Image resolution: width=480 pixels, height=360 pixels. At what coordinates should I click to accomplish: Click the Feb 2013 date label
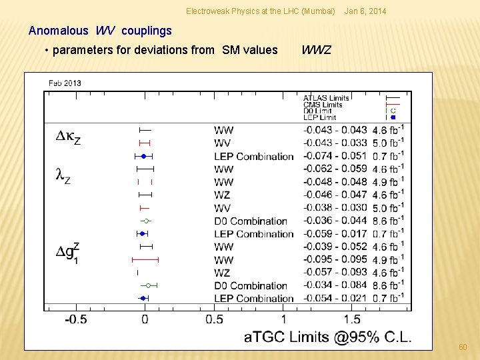[x=65, y=83]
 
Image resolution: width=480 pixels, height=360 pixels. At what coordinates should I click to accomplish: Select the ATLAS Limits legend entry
[x=326, y=98]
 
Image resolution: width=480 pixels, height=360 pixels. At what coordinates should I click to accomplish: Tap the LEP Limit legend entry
[x=319, y=117]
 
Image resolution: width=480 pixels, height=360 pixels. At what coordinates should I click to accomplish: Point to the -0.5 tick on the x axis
[x=75, y=319]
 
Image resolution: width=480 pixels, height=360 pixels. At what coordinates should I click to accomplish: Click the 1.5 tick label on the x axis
[x=352, y=319]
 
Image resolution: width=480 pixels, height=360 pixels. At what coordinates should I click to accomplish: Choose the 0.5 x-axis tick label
[x=214, y=319]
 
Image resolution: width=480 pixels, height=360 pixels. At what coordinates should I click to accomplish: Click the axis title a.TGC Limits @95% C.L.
[x=327, y=337]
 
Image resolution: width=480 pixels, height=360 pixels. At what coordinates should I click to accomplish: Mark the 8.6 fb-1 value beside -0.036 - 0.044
[x=387, y=221]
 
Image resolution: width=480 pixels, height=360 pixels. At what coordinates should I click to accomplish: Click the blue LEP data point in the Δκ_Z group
[x=143, y=156]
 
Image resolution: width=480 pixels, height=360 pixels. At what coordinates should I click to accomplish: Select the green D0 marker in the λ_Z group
[x=146, y=221]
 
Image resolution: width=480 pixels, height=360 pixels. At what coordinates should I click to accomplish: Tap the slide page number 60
[x=463, y=347]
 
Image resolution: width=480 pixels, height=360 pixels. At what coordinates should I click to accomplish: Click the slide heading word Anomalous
[x=58, y=31]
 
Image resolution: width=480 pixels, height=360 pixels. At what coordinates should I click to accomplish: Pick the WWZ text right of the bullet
[x=316, y=50]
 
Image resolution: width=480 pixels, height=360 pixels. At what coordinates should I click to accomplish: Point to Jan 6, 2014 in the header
[x=365, y=11]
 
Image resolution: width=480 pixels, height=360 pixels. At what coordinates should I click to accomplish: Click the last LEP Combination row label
[x=253, y=298]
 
